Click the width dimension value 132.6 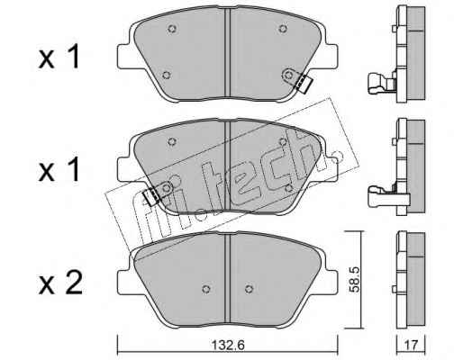[228, 345]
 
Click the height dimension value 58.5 [354, 280]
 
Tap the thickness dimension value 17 [411, 346]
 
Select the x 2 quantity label [60, 283]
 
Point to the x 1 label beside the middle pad [59, 170]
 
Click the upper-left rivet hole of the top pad [172, 29]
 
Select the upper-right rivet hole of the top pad [283, 29]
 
